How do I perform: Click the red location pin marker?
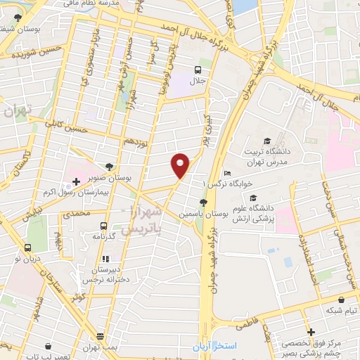[181, 164]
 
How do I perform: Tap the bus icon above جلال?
[198, 70]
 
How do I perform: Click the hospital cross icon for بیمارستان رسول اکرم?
[76, 181]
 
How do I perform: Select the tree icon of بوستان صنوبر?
[109, 167]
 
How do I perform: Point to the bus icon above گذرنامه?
[103, 226]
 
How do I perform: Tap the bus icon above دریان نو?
[27, 247]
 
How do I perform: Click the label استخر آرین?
[216, 347]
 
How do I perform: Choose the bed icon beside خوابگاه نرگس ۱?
[226, 174]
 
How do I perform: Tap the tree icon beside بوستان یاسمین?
[203, 202]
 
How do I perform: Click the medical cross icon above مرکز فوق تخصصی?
[310, 330]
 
